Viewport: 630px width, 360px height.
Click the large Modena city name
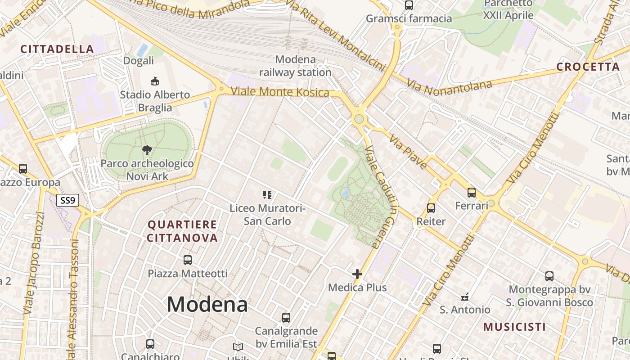pos(207,305)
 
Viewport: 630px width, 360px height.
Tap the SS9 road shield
pos(67,200)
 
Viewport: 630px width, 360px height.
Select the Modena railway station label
pos(295,66)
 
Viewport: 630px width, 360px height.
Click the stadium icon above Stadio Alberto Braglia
pos(154,81)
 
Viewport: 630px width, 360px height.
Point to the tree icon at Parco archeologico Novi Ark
pos(147,150)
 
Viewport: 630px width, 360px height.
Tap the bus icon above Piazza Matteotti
pos(188,260)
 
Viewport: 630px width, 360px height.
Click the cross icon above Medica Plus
pos(357,274)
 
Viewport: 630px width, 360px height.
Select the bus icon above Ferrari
pos(472,193)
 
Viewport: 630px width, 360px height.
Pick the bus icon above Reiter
pos(431,208)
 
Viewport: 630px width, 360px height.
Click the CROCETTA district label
pos(588,67)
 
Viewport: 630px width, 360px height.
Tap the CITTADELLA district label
pos(57,49)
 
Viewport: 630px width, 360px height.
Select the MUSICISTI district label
pos(514,327)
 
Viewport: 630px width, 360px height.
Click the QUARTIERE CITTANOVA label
pos(182,231)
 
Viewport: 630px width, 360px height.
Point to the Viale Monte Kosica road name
pos(279,92)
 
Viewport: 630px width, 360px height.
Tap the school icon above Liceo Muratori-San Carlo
pos(267,194)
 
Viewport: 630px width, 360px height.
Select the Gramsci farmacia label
pos(409,18)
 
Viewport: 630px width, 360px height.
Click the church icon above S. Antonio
pos(465,297)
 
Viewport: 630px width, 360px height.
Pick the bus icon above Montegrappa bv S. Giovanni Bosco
pos(549,276)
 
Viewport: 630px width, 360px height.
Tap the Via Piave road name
pos(408,152)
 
